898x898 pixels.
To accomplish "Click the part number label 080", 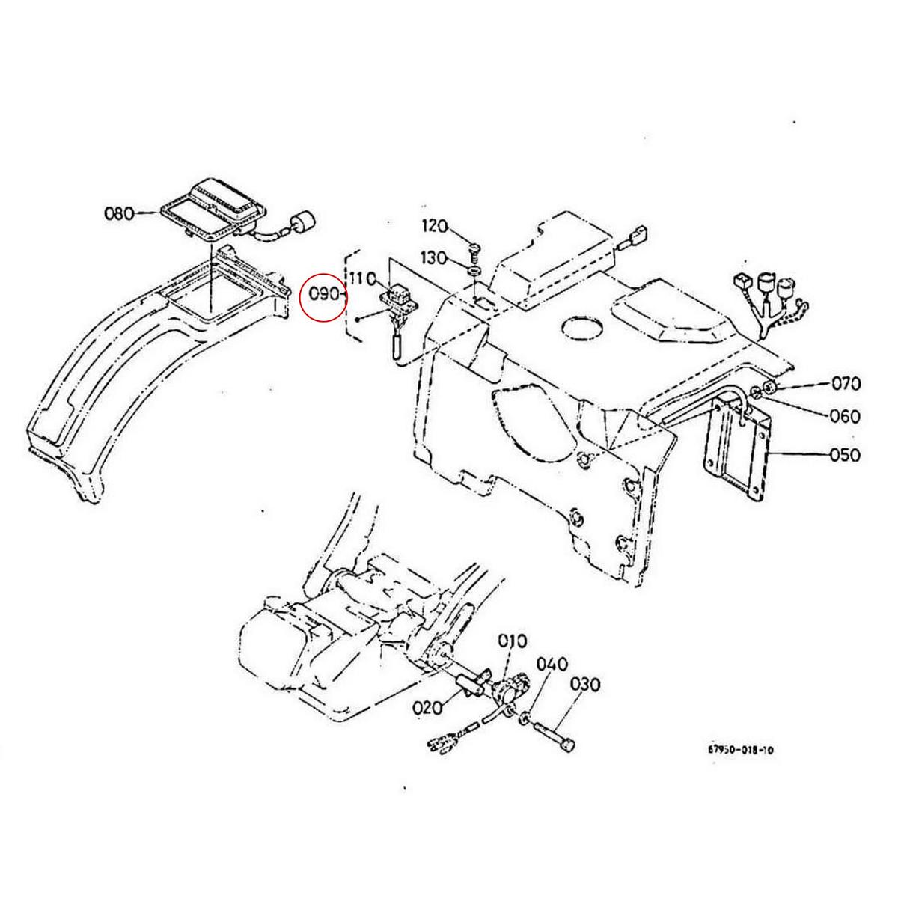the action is pos(119,213).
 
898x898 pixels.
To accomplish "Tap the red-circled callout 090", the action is pos(323,295).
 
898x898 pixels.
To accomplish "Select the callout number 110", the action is pos(364,278).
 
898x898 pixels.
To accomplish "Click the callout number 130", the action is pos(435,258).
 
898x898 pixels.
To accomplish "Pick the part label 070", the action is pos(846,385).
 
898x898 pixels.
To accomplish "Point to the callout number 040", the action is pos(553,665).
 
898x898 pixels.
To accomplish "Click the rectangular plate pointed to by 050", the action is pos(736,449).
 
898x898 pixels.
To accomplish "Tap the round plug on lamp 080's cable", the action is pos(303,222).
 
